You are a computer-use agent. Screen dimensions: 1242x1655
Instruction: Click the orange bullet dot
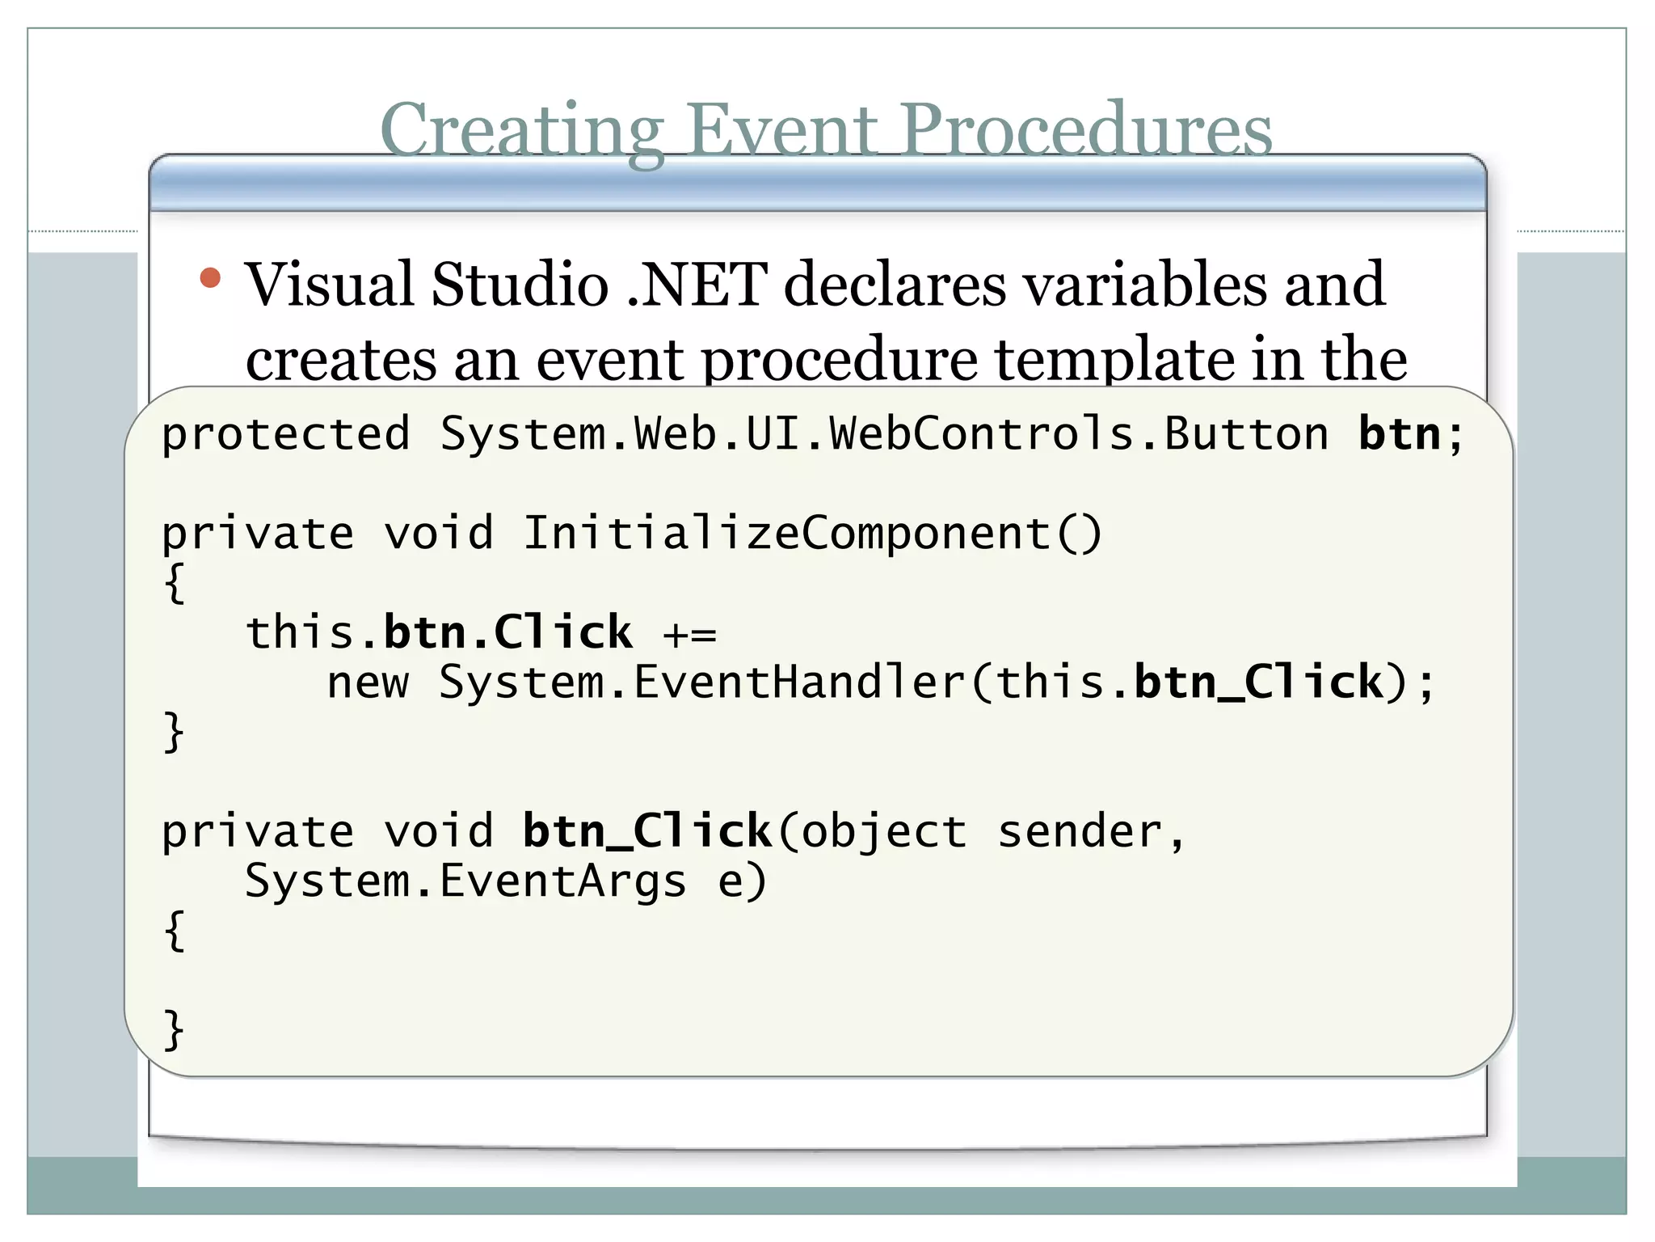click(210, 278)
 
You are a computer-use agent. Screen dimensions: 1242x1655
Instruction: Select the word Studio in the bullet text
click(520, 285)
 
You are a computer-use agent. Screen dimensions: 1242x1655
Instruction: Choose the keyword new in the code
click(368, 683)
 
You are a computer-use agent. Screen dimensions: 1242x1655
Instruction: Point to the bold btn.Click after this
click(507, 632)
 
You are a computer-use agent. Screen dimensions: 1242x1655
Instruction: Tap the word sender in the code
click(1080, 832)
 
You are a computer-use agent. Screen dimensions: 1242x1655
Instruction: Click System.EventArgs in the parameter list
click(465, 881)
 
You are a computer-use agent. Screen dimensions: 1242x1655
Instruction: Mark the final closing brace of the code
click(174, 1029)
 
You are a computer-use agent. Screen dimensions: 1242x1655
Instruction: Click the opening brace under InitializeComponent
click(174, 583)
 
